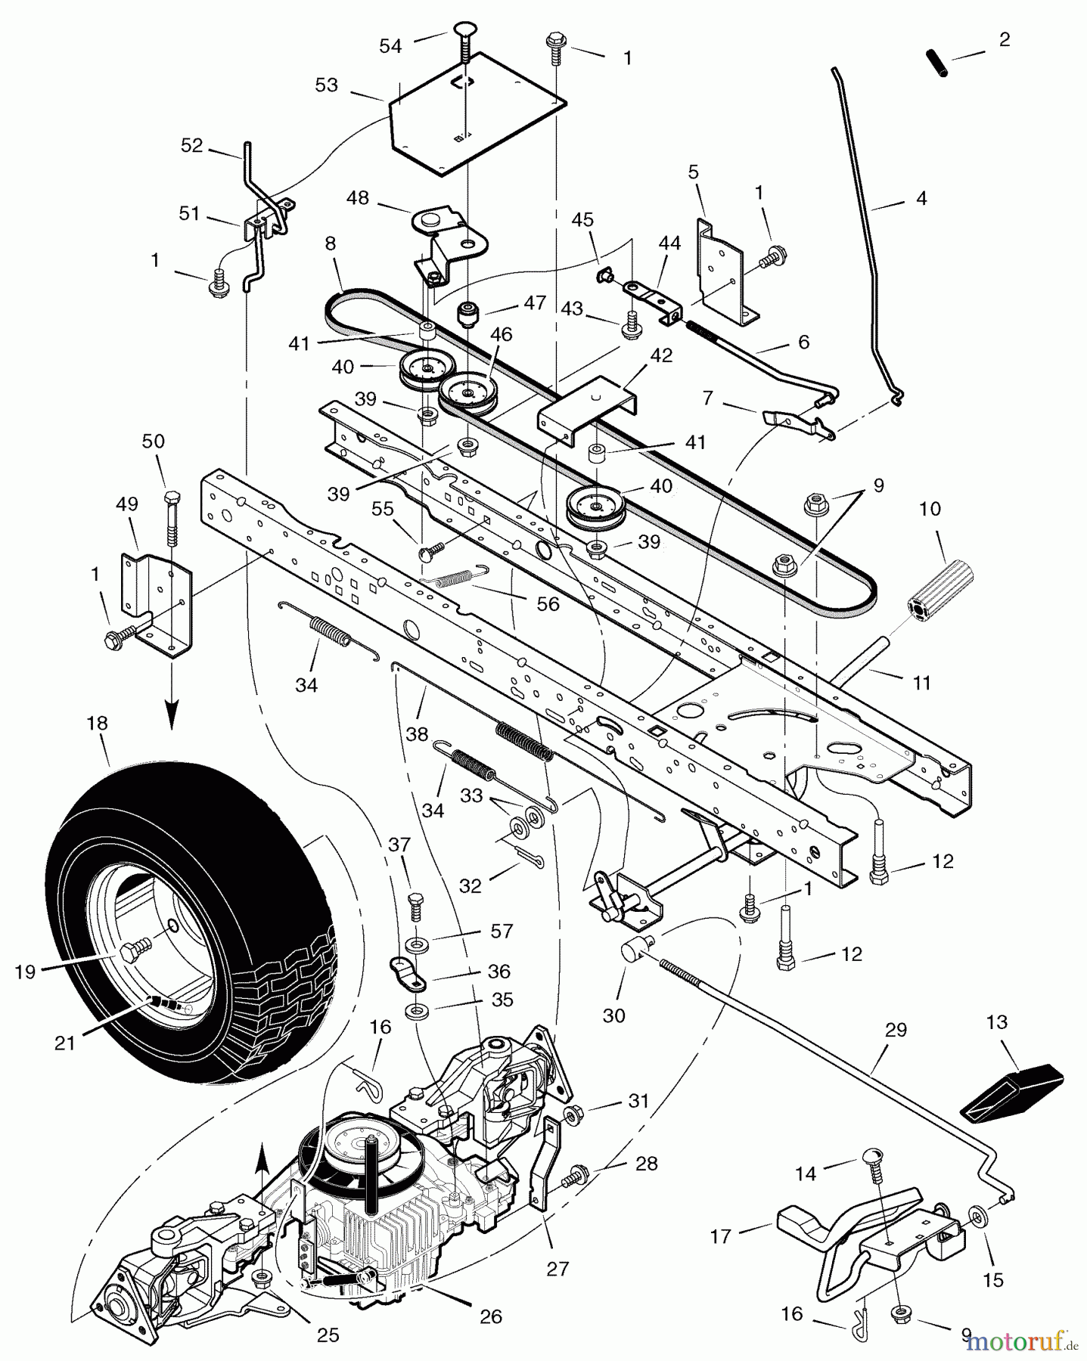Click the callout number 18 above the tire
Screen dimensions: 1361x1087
click(97, 724)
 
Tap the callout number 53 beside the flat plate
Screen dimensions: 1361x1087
click(326, 85)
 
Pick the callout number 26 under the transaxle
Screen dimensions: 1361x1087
click(491, 1316)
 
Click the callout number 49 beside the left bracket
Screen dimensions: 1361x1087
click(127, 502)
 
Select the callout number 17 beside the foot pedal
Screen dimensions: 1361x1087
click(720, 1236)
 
